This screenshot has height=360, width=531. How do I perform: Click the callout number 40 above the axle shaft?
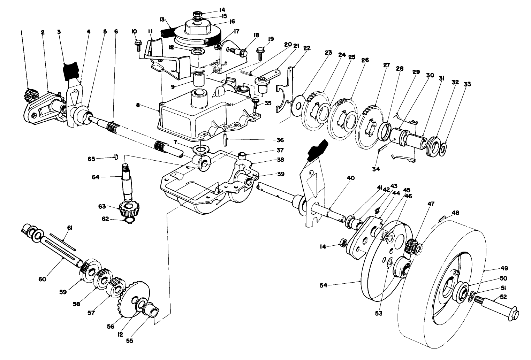(x=350, y=178)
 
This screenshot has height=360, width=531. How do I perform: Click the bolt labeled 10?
(x=137, y=45)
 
